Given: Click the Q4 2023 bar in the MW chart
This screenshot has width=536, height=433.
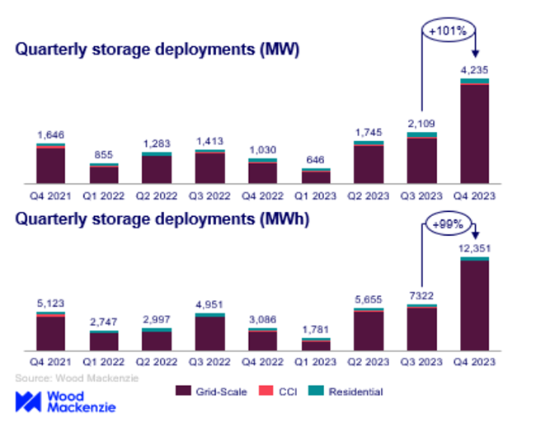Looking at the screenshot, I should point(474,132).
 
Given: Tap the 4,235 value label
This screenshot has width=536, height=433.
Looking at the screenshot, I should point(474,70).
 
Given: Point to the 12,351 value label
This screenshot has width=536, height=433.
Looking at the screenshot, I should point(474,248).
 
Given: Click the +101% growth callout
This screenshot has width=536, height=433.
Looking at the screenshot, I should point(447,31).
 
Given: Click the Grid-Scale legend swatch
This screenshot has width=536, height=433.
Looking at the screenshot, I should point(183,391).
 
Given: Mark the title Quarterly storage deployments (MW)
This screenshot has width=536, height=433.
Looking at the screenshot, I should point(157,49).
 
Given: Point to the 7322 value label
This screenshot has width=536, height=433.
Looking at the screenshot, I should point(421,294).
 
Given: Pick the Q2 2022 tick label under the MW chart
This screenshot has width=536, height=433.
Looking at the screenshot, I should point(157,196).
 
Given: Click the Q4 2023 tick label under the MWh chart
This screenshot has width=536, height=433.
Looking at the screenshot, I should point(474,364).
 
